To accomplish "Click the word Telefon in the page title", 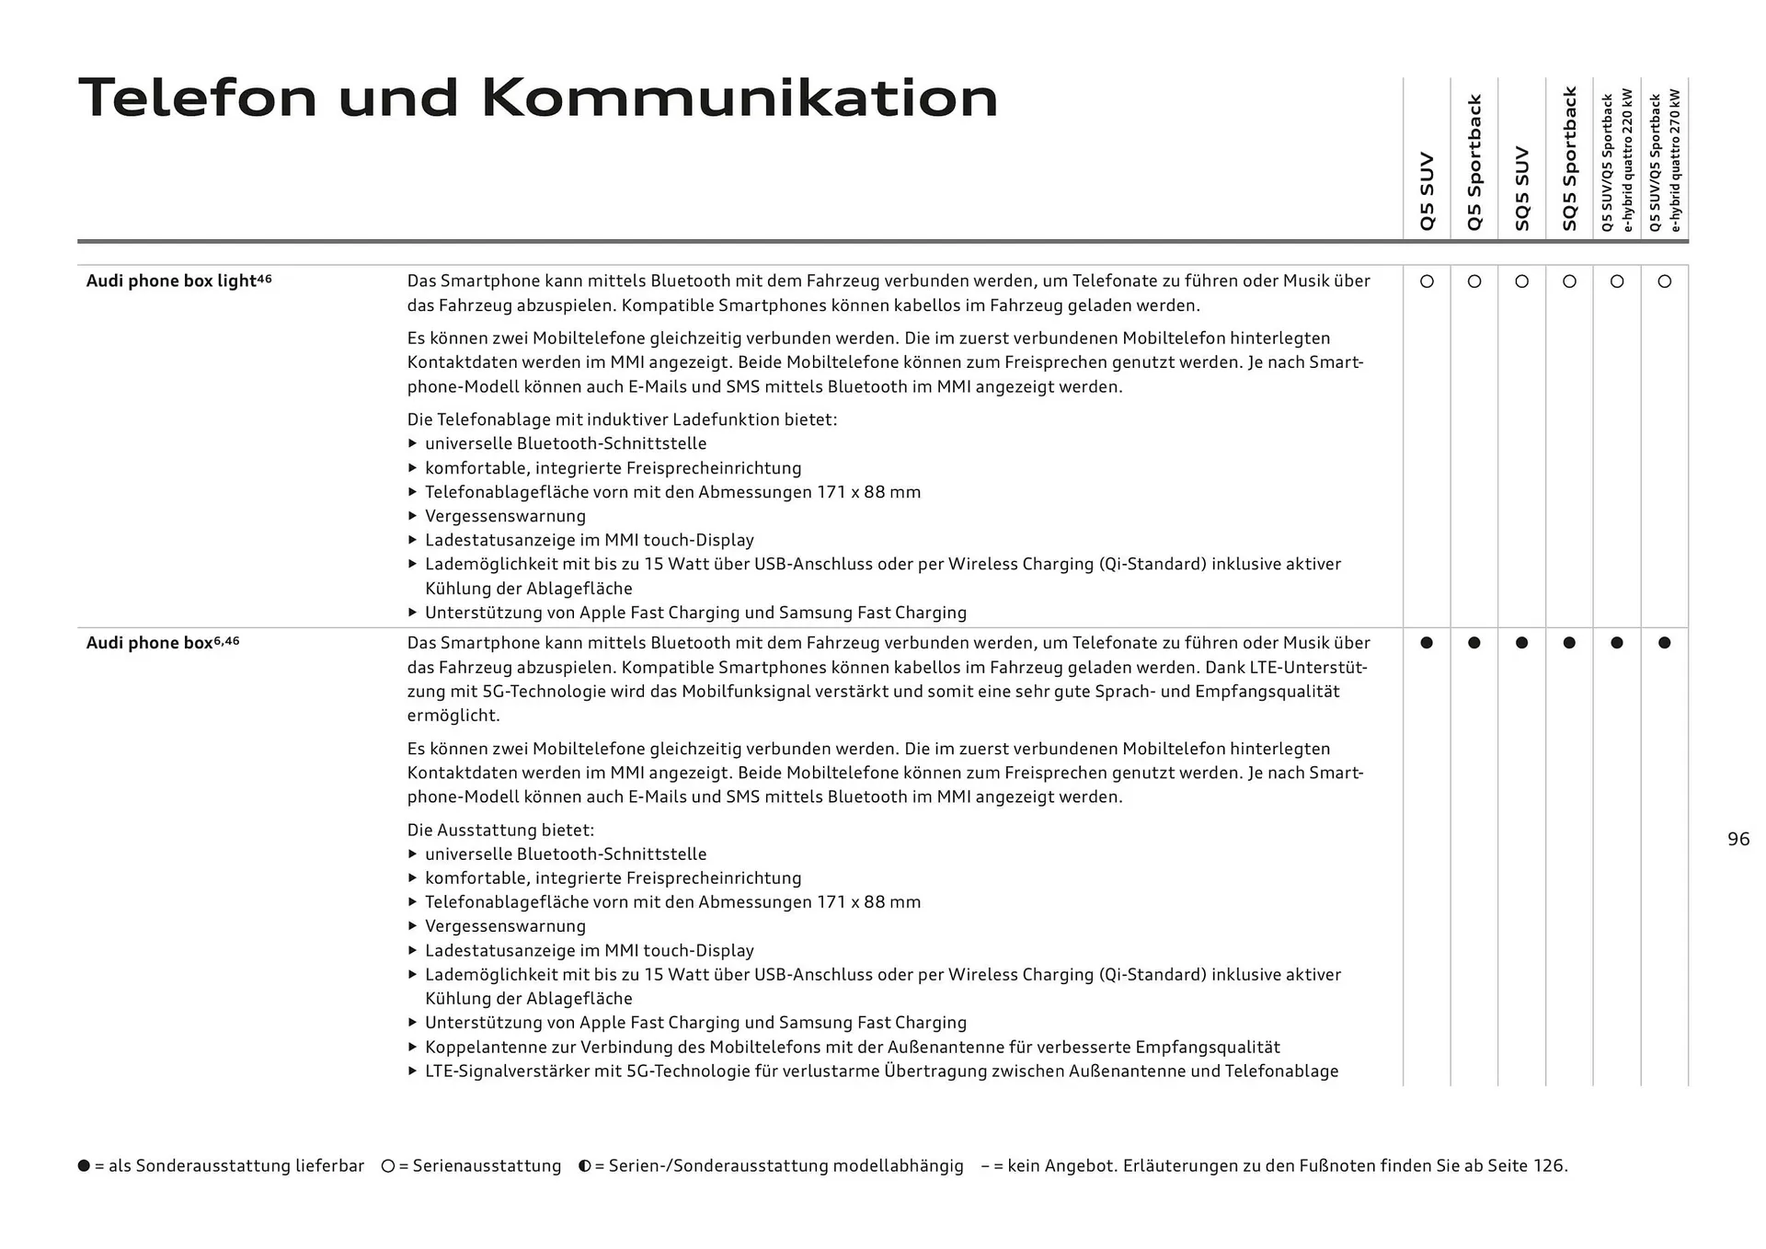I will tap(198, 97).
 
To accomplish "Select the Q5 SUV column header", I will tap(1427, 191).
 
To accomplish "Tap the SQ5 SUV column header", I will tap(1521, 189).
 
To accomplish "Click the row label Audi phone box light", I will tap(171, 281).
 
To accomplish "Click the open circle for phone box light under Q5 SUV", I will tap(1427, 281).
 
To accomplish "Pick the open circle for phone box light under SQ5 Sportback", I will tap(1569, 281).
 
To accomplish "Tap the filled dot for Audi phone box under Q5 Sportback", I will tap(1474, 643).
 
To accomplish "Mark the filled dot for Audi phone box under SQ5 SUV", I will tap(1521, 643).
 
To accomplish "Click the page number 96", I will tap(1738, 839).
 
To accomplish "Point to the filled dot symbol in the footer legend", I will tap(85, 1166).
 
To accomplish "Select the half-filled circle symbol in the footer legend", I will tap(585, 1166).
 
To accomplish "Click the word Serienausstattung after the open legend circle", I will tap(487, 1166).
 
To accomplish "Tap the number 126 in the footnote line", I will tap(1547, 1166).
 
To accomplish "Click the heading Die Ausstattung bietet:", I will tap(500, 831).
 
